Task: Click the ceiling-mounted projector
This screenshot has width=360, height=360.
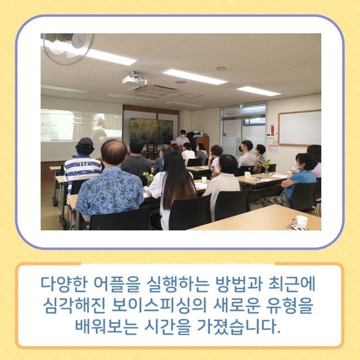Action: (x=134, y=78)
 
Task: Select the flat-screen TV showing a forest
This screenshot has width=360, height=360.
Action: (x=151, y=131)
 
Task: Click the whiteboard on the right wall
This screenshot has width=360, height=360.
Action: (x=299, y=128)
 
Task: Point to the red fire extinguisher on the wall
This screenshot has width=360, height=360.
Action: (x=273, y=129)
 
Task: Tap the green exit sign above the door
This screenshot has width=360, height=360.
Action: (x=241, y=106)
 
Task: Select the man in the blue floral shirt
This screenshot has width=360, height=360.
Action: (x=110, y=184)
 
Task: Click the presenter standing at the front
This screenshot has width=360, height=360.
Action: (x=183, y=138)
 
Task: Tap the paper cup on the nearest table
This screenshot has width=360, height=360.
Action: (x=301, y=221)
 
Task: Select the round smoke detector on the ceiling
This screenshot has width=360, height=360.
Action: (x=221, y=69)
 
